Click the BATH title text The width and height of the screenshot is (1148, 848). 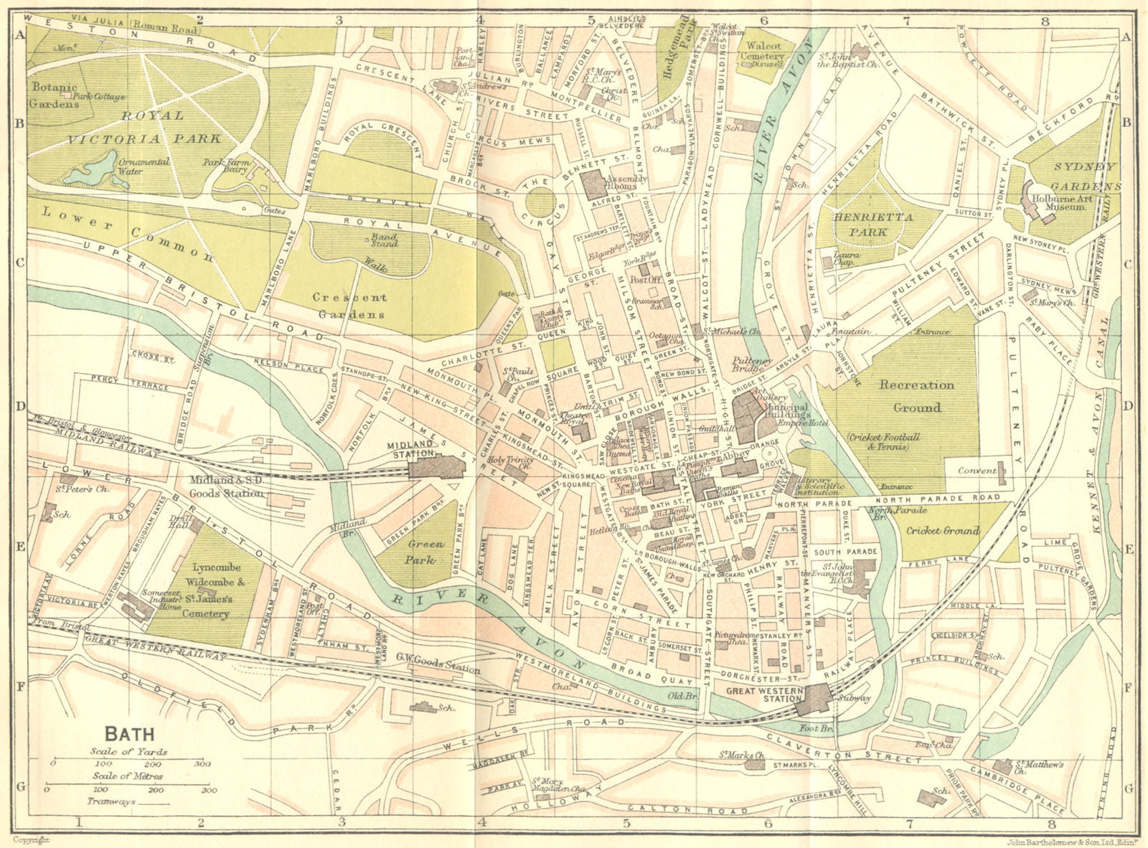(129, 734)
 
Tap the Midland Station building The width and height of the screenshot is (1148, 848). (436, 468)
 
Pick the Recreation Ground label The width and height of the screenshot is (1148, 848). (917, 396)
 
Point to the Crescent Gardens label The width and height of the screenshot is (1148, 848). (349, 305)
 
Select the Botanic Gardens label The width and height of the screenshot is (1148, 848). (55, 95)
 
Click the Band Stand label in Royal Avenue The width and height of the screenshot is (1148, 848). (384, 240)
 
